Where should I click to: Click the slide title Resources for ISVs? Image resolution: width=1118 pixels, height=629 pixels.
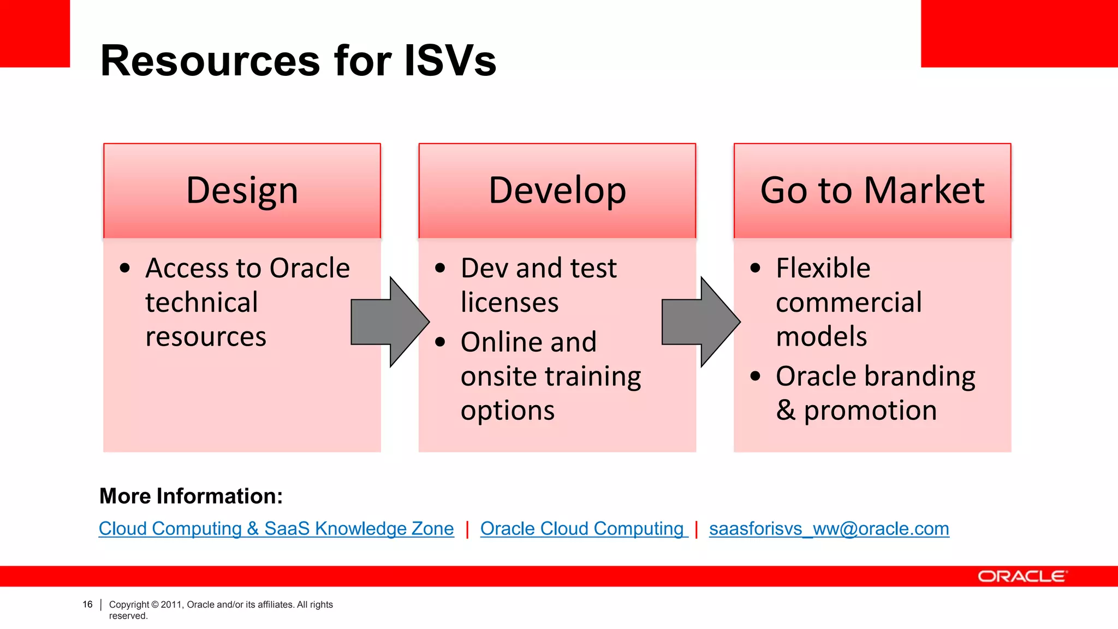298,61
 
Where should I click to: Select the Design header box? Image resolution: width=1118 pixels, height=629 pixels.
242,191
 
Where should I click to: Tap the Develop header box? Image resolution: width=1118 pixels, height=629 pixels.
557,191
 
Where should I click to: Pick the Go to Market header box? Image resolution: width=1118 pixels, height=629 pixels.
872,191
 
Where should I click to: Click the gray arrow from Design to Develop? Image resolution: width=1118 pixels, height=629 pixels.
389,322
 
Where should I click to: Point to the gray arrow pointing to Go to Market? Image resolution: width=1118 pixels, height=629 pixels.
700,322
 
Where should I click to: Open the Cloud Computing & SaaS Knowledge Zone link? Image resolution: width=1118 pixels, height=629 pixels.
276,529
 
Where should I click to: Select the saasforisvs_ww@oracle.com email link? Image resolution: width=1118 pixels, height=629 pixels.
829,529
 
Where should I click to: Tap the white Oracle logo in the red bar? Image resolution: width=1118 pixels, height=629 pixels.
1021,577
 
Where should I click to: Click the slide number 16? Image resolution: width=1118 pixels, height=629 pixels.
87,604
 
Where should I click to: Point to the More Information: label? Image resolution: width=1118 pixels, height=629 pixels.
191,496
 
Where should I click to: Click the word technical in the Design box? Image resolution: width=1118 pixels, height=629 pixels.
201,302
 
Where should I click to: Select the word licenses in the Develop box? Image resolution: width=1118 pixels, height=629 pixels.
509,302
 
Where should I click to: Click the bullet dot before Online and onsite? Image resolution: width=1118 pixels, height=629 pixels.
440,342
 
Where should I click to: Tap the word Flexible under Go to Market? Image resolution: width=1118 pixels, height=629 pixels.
823,268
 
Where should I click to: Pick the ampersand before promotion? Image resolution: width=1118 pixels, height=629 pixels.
786,410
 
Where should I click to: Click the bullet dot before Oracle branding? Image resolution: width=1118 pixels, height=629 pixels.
756,376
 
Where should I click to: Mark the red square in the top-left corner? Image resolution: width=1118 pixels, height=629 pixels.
34,33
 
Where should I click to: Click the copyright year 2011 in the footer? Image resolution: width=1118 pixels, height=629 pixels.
171,604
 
